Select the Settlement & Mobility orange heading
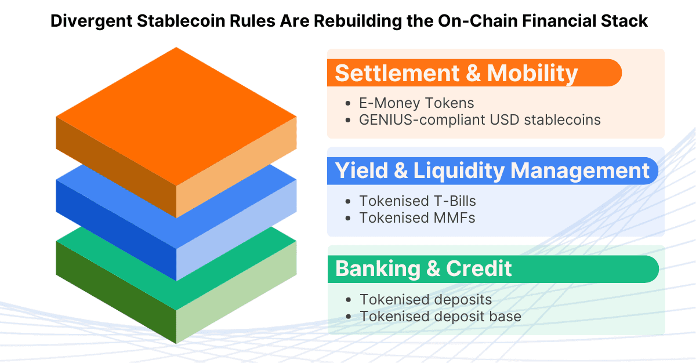click(456, 73)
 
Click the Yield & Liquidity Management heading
click(492, 171)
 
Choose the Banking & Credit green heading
click(424, 269)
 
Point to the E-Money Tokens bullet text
click(416, 103)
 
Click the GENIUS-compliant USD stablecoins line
click(480, 120)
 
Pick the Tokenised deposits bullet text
click(426, 300)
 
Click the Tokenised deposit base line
click(440, 317)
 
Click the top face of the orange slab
click(176, 116)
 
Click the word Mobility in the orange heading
click(532, 73)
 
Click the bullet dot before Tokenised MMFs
click(347, 219)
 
